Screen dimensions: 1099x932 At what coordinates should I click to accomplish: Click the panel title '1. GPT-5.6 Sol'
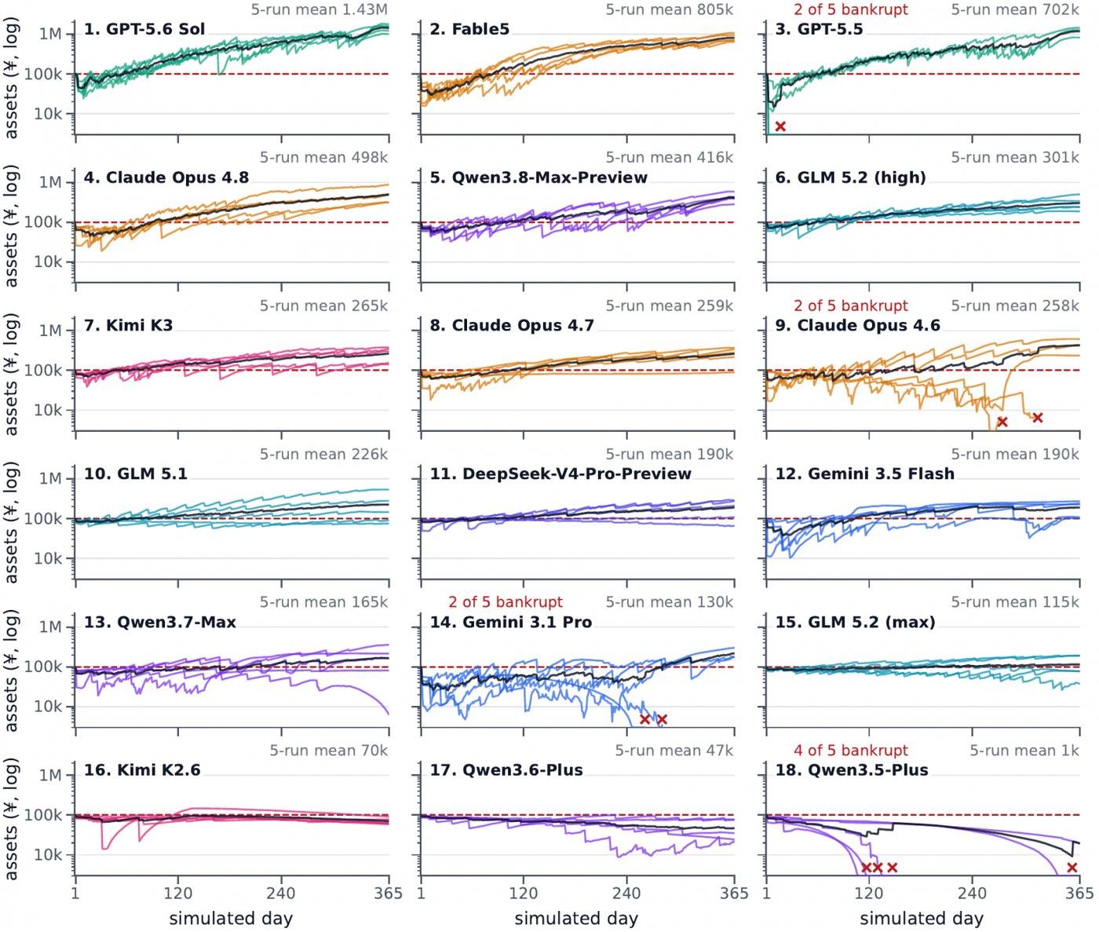tap(144, 29)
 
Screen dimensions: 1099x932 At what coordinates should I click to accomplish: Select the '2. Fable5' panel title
tap(469, 29)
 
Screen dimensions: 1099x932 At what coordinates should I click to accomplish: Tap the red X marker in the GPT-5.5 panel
tap(780, 126)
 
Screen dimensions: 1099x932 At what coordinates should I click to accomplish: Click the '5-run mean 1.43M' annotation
tap(319, 9)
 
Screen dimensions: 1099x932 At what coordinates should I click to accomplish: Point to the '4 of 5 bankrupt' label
tap(851, 751)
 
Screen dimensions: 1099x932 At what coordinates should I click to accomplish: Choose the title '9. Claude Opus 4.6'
tap(858, 325)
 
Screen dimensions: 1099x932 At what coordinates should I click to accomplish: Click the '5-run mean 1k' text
tap(1024, 751)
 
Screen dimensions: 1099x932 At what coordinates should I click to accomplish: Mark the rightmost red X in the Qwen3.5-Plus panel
tap(1072, 868)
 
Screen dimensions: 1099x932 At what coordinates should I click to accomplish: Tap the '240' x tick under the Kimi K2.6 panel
tap(281, 893)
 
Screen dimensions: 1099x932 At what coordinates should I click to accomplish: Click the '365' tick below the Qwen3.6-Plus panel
tap(734, 893)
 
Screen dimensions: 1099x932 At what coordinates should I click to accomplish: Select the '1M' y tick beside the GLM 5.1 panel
tap(50, 479)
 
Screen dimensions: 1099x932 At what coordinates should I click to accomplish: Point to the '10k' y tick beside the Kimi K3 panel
tap(48, 410)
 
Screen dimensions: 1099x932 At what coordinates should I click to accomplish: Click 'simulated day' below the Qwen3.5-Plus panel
tap(922, 919)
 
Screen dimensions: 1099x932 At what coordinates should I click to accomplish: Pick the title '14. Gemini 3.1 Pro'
tap(511, 622)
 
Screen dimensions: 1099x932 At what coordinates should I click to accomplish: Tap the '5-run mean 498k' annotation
tap(323, 158)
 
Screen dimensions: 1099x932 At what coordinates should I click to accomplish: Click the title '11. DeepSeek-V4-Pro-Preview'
tap(560, 473)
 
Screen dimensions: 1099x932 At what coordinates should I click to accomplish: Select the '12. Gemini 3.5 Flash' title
tap(864, 473)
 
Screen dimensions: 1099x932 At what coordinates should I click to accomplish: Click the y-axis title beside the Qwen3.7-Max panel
tap(11, 670)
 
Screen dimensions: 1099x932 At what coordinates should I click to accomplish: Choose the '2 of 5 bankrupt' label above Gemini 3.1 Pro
tap(505, 602)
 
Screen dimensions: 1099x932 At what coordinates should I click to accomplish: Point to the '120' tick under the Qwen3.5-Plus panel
tap(869, 893)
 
